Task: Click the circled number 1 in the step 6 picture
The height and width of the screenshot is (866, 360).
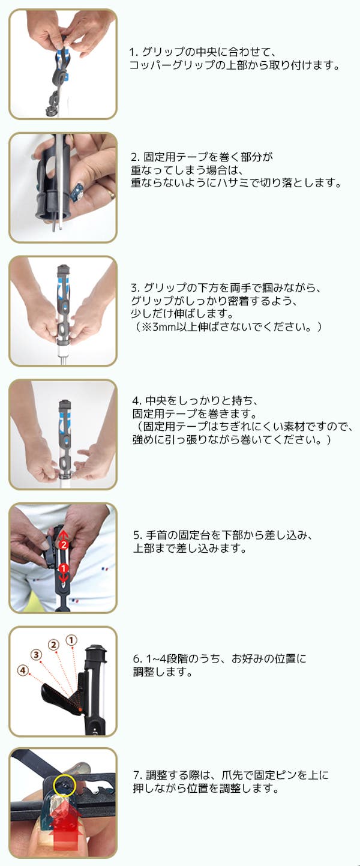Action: (71, 640)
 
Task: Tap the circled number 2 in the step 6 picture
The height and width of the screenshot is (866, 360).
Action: (53, 645)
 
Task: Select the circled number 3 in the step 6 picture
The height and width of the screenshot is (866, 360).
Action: (37, 655)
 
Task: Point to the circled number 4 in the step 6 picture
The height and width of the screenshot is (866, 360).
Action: (23, 670)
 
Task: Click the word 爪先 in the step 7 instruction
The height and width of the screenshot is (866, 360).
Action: (232, 775)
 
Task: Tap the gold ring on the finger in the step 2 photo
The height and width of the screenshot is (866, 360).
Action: (112, 193)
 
